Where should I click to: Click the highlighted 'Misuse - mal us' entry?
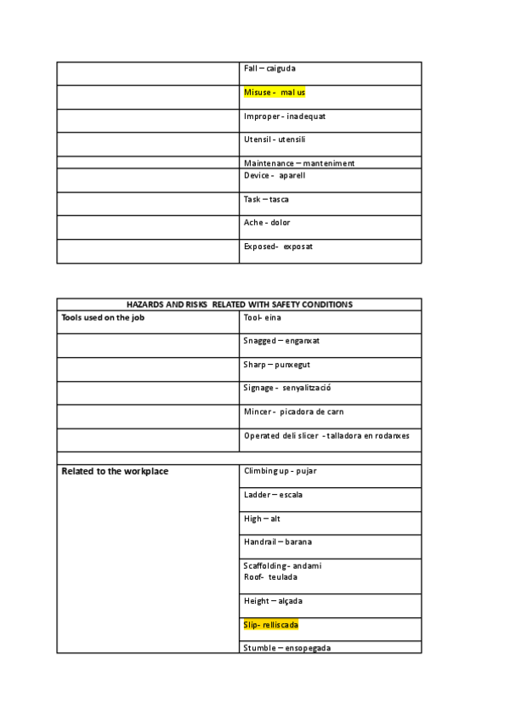[275, 92]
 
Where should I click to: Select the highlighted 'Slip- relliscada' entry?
[271, 625]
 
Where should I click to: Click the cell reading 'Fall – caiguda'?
[269, 68]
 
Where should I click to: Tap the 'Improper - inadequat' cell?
[284, 116]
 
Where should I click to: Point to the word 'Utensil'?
[257, 139]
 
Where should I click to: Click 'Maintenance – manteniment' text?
[299, 163]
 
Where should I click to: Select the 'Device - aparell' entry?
[274, 175]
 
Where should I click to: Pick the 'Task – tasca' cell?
[266, 199]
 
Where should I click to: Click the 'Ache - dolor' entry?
[267, 223]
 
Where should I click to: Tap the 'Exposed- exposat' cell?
[278, 247]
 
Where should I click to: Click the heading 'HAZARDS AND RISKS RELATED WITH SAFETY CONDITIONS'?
[239, 304]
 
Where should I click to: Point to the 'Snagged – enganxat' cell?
[281, 341]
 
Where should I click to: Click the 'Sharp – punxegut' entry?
[276, 365]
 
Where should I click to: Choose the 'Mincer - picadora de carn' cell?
[294, 412]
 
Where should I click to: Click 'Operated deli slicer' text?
[280, 435]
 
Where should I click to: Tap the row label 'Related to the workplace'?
[115, 471]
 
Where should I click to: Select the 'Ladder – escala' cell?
[273, 495]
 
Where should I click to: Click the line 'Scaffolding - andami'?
[282, 565]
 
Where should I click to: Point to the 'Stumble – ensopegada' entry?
[287, 648]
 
